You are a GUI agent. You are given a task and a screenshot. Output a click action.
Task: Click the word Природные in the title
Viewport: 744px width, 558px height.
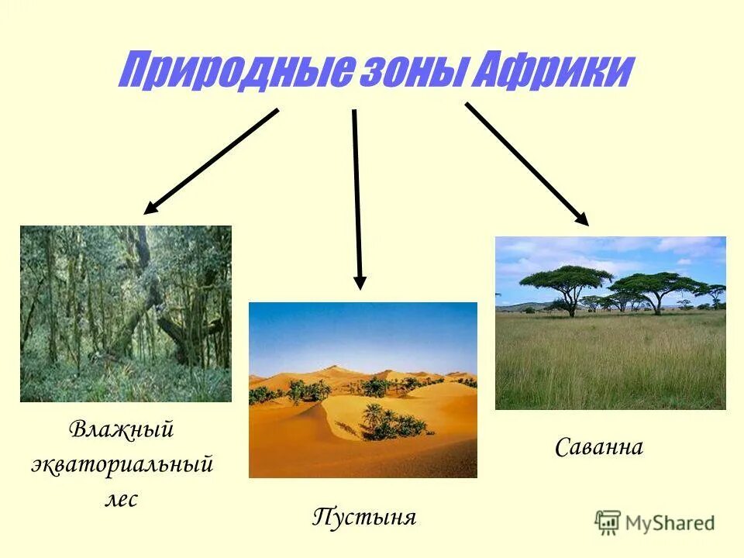tap(232, 72)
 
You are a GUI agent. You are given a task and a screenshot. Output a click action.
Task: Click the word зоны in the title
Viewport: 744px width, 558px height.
tap(411, 72)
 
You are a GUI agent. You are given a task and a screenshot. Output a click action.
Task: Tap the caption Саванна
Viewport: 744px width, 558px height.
tap(599, 447)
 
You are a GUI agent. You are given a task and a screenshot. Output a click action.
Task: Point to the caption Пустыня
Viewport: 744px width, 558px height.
tap(364, 517)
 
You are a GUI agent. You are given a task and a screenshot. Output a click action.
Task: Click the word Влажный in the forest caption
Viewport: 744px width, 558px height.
tap(122, 429)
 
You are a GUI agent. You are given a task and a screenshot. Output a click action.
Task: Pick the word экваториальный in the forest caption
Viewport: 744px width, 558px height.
tap(122, 464)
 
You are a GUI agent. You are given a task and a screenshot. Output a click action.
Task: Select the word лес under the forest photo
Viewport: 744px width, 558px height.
tap(122, 499)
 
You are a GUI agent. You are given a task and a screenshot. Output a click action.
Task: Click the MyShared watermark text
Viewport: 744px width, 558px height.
tap(670, 522)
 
